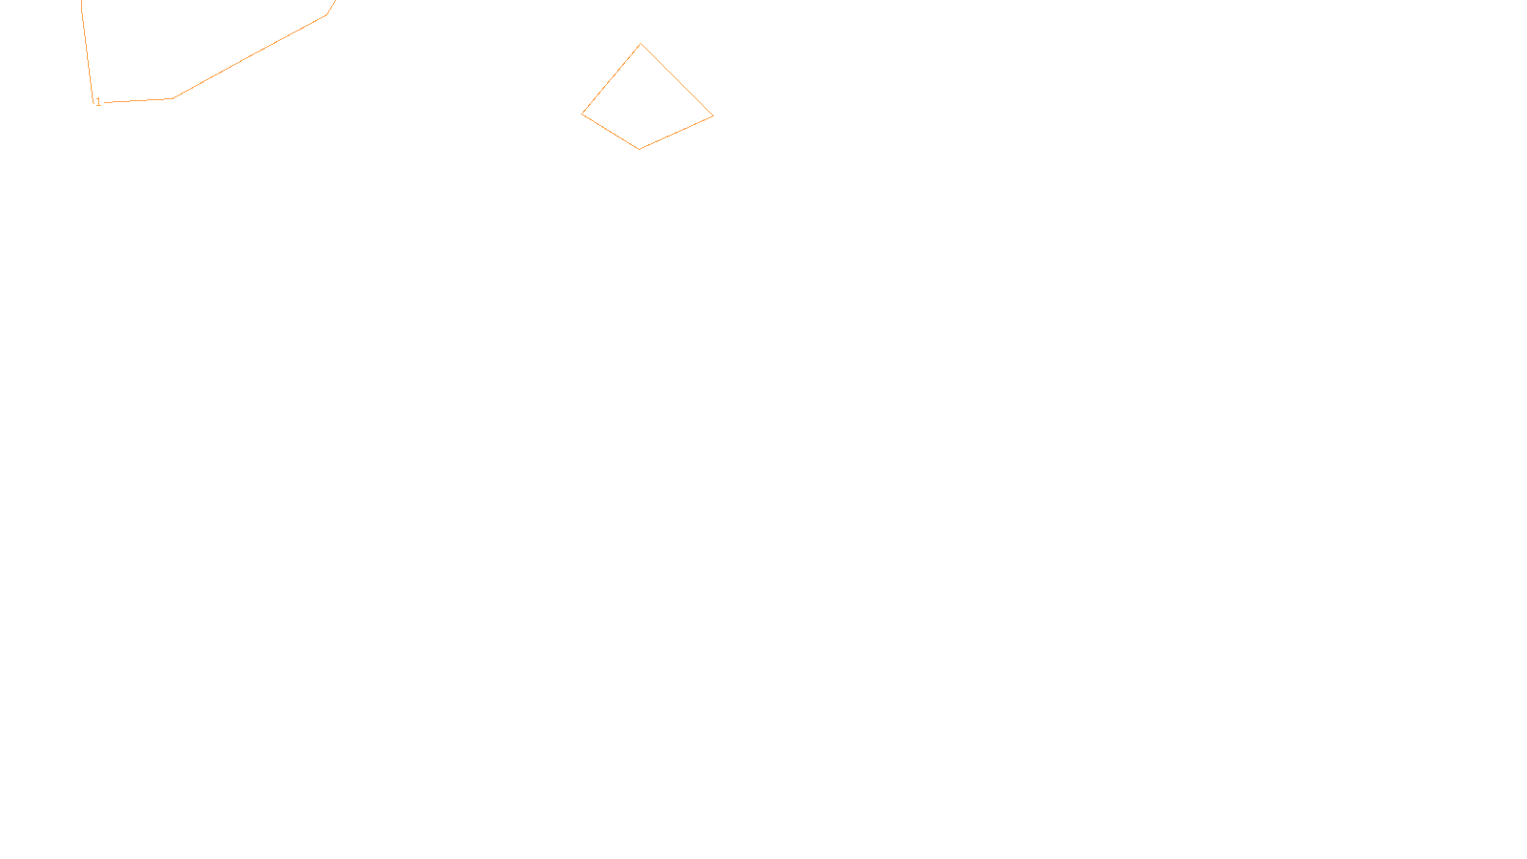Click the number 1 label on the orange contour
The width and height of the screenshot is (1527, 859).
pyautogui.click(x=98, y=102)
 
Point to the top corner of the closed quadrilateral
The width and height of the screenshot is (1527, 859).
pyautogui.click(x=641, y=44)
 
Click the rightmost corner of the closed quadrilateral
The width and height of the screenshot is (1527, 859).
pyautogui.click(x=713, y=116)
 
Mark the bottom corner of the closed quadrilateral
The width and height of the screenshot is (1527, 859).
pyautogui.click(x=639, y=149)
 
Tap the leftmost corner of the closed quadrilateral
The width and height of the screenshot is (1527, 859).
pyautogui.click(x=582, y=115)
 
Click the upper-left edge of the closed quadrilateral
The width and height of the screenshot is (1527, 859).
pyautogui.click(x=612, y=79)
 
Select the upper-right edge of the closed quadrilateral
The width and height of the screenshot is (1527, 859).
pyautogui.click(x=678, y=80)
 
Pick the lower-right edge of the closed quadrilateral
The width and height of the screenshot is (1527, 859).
pyautogui.click(x=677, y=133)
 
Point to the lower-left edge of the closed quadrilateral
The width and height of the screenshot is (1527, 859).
pyautogui.click(x=611, y=132)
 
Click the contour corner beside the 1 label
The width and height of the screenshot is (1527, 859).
pyautogui.click(x=94, y=101)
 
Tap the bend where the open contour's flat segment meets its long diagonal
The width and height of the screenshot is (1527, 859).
pyautogui.click(x=173, y=98)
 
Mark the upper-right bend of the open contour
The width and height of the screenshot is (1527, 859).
pyautogui.click(x=327, y=14)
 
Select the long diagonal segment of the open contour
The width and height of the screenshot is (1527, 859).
pyautogui.click(x=250, y=56)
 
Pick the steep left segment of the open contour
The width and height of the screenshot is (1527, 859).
pyautogui.click(x=88, y=52)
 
